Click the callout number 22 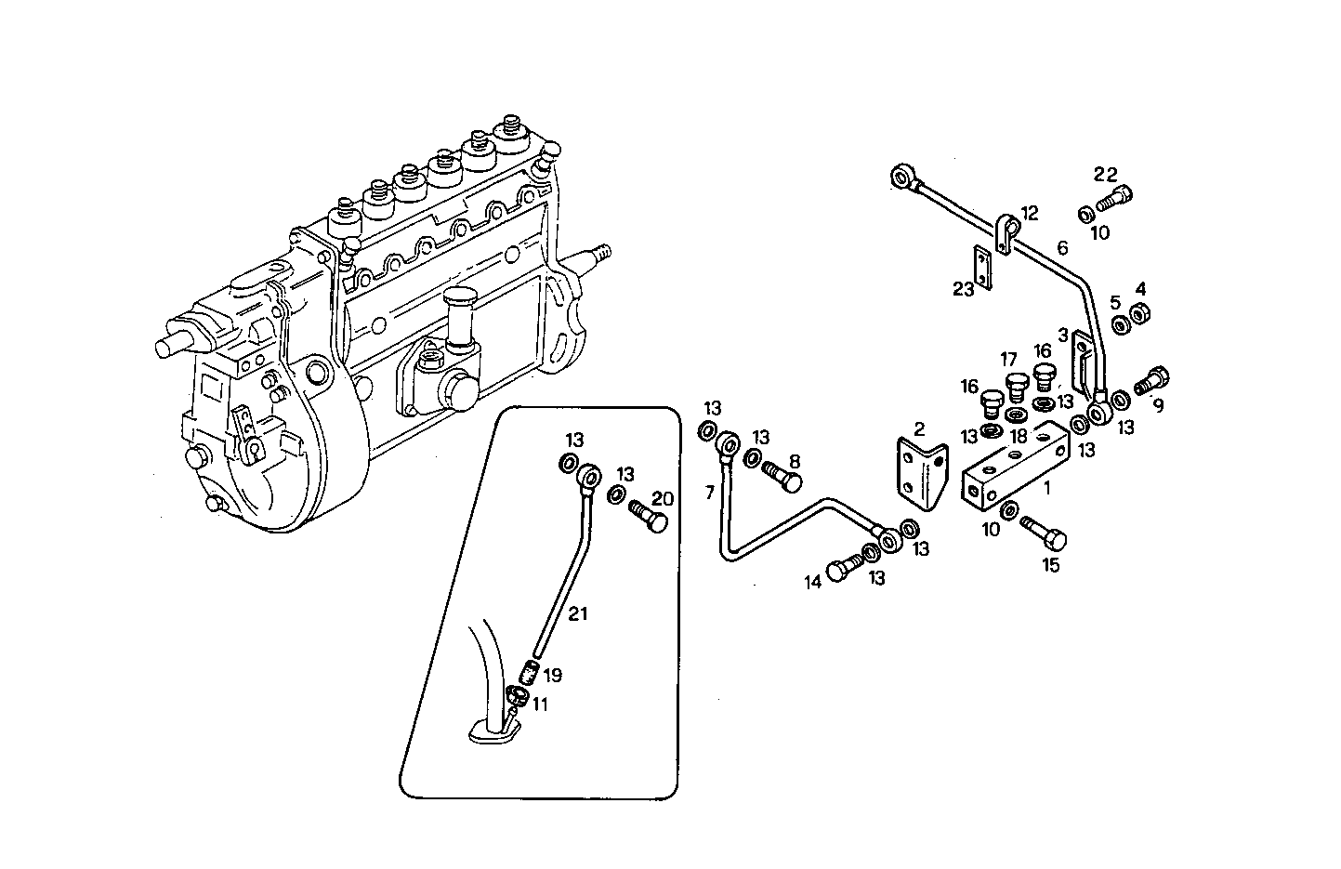click(1105, 174)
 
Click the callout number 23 click(963, 290)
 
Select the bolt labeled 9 click(1151, 381)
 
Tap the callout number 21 click(578, 613)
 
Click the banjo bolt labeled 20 click(649, 516)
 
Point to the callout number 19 click(553, 675)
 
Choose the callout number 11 click(540, 704)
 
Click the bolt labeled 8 click(781, 474)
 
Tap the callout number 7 click(710, 493)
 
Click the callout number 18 click(1019, 436)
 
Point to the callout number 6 click(1062, 247)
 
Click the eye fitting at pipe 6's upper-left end click(902, 177)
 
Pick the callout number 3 click(1062, 335)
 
